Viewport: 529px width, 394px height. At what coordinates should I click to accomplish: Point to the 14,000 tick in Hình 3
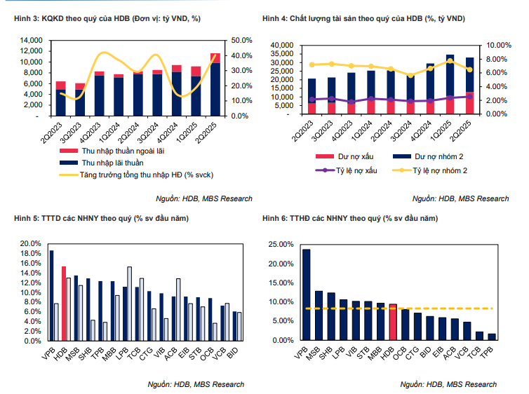tap(32, 41)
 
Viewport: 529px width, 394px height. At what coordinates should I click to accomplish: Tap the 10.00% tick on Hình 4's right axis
tap(500, 45)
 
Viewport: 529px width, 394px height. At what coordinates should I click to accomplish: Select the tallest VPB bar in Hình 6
tap(306, 294)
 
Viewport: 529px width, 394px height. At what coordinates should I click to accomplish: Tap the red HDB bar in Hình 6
tap(393, 322)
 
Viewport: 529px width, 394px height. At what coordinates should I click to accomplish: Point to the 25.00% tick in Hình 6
tap(281, 245)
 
